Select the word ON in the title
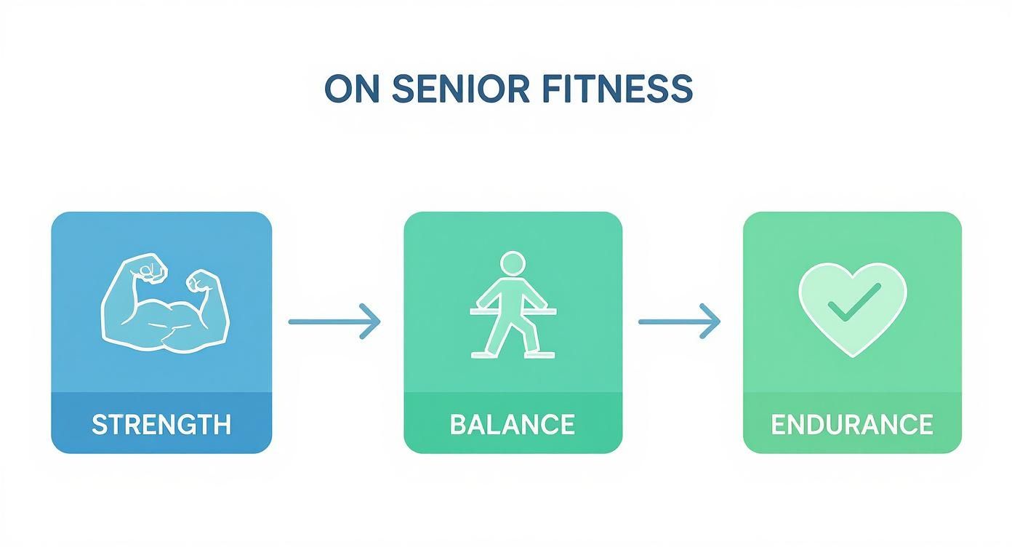point(351,89)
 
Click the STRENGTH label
point(161,424)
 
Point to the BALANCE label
point(513,424)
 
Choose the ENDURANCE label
point(851,424)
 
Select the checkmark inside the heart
point(854,301)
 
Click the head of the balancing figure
point(513,263)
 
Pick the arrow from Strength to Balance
point(334,321)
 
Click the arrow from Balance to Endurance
point(679,321)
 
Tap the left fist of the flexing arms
point(149,269)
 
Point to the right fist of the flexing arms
point(203,282)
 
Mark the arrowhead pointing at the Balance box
point(370,321)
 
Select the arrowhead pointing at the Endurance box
point(710,321)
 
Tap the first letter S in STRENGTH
point(97,424)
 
